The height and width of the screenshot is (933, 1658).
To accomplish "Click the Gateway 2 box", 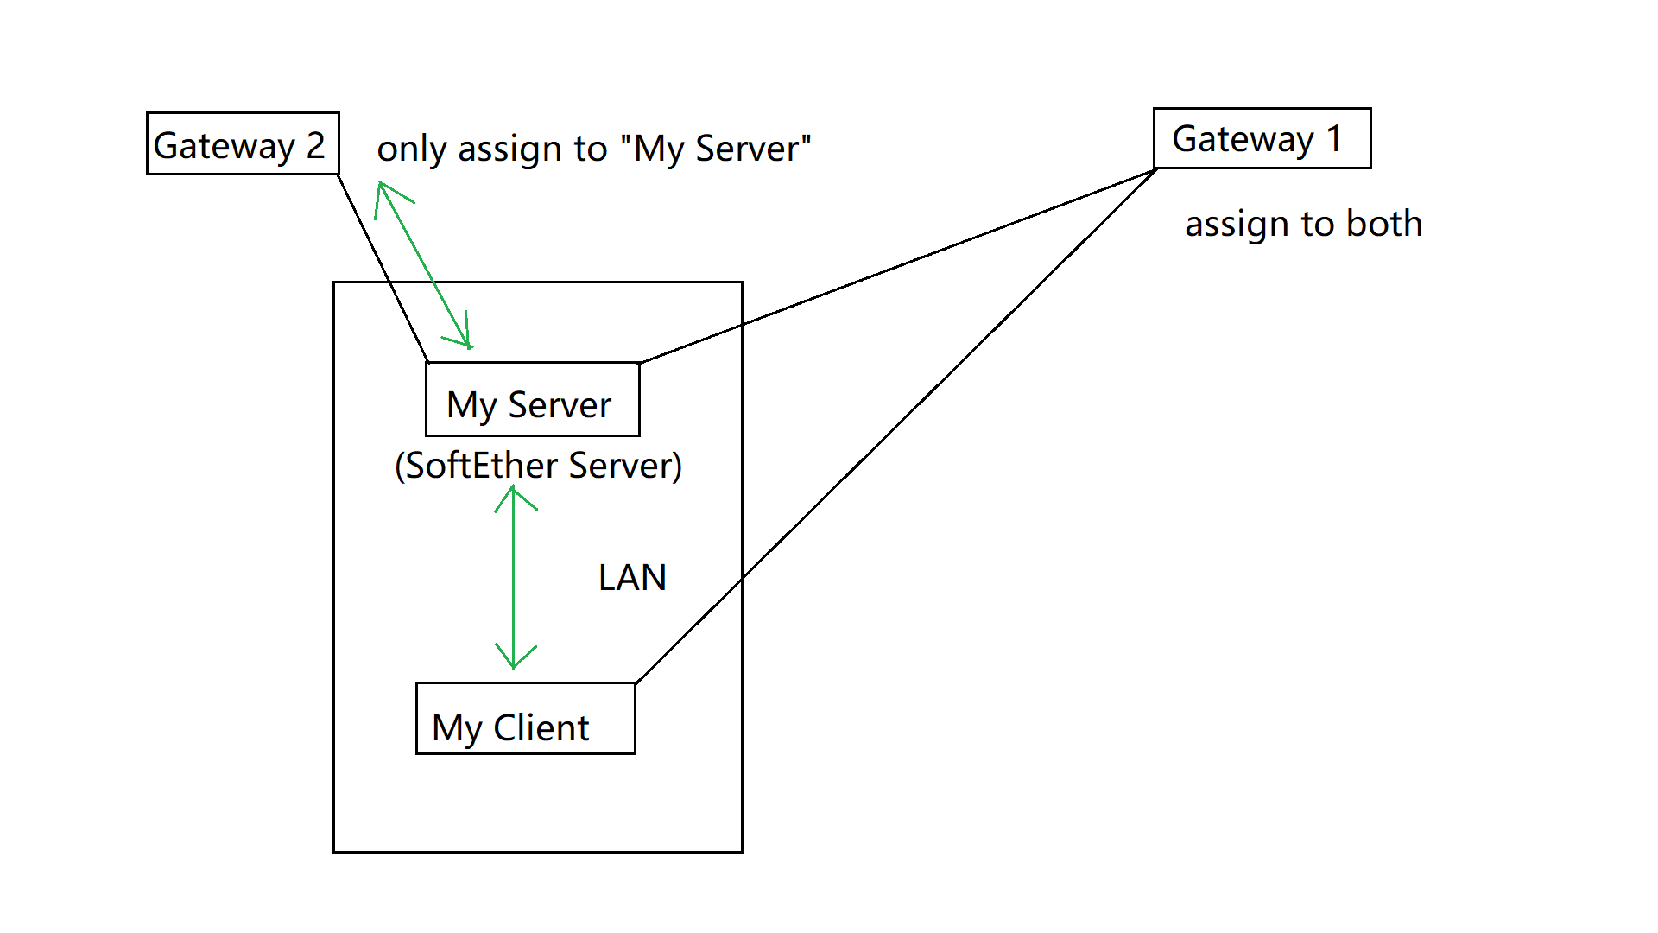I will click(242, 143).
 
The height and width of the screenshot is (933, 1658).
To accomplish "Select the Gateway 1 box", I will click(1262, 138).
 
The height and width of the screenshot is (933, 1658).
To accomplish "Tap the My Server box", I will click(532, 399).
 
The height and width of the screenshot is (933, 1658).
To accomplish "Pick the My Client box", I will click(525, 719).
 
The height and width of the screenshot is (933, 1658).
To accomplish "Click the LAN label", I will click(632, 578).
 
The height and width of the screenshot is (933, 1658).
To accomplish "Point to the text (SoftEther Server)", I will click(538, 466).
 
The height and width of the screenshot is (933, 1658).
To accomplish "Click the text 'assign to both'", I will click(1303, 224).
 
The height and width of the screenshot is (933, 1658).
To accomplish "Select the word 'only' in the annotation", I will click(411, 149).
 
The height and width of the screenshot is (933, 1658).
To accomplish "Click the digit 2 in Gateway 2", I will click(315, 145).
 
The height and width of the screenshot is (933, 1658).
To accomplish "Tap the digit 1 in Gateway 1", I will click(1334, 138).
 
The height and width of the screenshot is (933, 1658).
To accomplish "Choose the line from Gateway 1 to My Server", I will click(898, 266).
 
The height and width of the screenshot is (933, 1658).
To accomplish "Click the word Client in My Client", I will click(541, 728).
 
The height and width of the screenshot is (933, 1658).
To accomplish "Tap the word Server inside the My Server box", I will click(560, 405).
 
